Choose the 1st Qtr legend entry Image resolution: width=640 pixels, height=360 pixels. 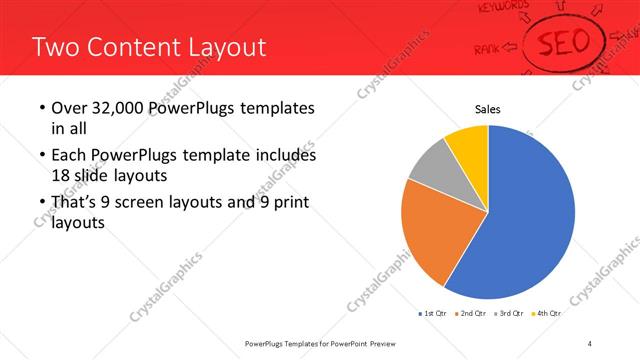click(x=433, y=313)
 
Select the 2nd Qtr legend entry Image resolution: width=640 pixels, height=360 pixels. click(x=471, y=313)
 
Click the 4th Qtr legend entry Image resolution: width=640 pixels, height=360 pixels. click(x=547, y=313)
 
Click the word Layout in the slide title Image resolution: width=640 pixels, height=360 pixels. click(x=224, y=47)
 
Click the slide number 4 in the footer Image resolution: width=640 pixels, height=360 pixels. click(x=590, y=344)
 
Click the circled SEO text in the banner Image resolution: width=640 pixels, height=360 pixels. click(x=570, y=43)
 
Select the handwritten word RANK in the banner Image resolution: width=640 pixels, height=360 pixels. click(x=488, y=47)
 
